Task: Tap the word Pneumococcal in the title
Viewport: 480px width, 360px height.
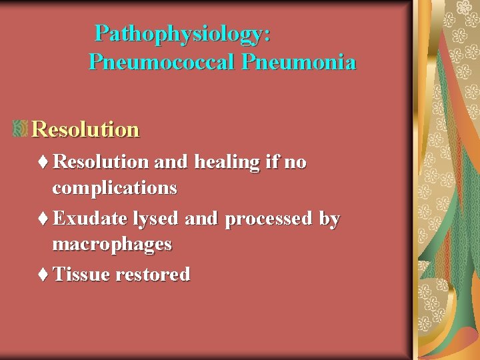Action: (162, 63)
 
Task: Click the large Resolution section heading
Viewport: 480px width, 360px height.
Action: (85, 129)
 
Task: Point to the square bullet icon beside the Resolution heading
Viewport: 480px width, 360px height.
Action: (19, 129)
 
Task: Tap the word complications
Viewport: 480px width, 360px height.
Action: (115, 189)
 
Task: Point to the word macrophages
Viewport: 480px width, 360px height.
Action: (112, 245)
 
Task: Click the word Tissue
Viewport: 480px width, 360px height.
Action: (81, 274)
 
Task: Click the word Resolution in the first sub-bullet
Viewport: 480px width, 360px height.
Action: (101, 162)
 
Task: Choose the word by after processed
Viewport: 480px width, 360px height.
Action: (329, 219)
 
